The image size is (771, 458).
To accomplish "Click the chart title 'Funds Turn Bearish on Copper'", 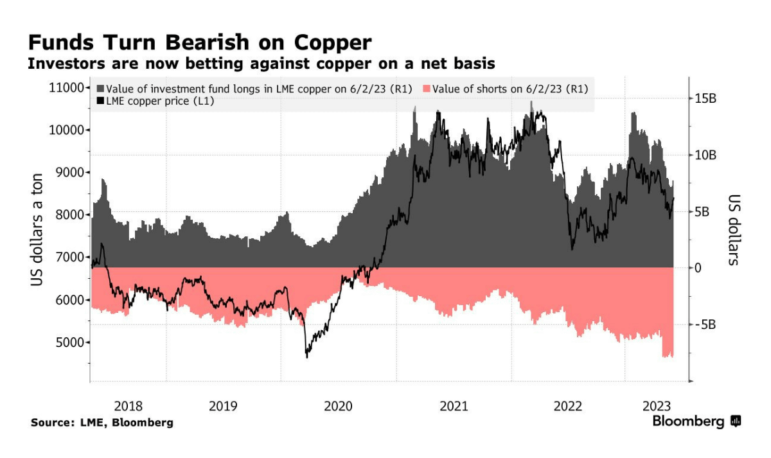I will [199, 42].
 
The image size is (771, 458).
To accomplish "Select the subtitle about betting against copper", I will [261, 64].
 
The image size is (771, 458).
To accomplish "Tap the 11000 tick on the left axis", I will [66, 88].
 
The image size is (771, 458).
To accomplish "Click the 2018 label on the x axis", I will [128, 406].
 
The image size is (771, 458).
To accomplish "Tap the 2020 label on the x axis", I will [339, 406].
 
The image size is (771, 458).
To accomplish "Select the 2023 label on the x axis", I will [657, 406].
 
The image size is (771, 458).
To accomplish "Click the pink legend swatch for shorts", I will [426, 89].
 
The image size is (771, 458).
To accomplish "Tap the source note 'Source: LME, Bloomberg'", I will [102, 423].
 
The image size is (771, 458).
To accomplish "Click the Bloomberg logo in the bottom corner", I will [697, 422].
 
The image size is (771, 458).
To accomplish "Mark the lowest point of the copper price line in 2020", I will [306, 357].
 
